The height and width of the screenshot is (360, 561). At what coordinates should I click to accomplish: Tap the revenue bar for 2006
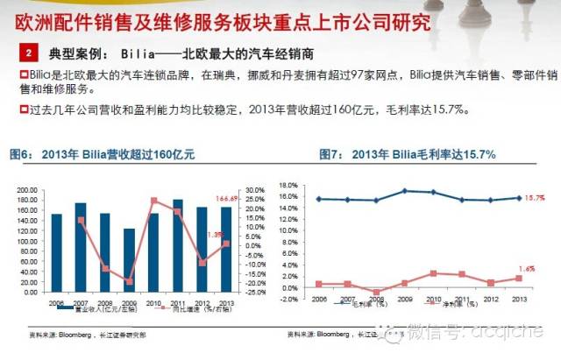click(57, 254)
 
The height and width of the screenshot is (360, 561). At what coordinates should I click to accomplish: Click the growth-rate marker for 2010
click(153, 201)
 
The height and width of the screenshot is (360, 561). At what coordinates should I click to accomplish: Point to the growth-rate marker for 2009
click(130, 282)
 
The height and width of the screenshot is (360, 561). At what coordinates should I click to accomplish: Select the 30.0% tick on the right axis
click(254, 189)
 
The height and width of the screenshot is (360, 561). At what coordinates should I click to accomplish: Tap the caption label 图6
click(20, 154)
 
